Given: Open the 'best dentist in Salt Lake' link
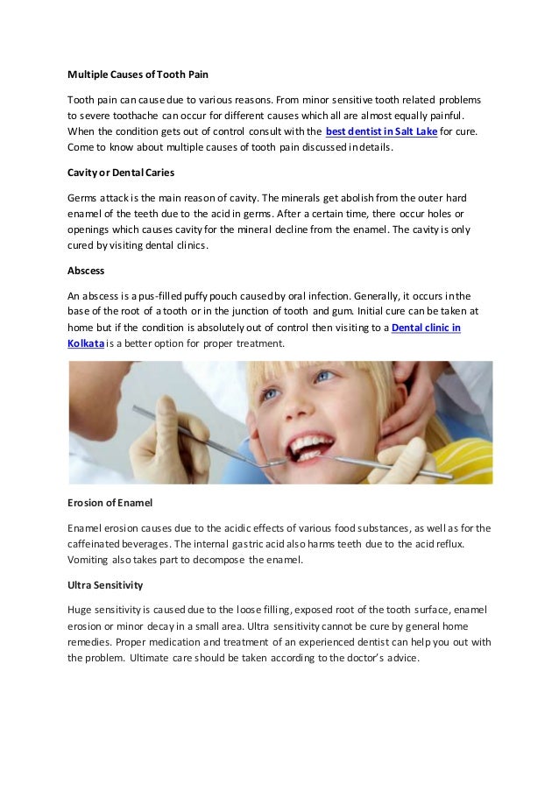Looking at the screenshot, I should click(381, 131).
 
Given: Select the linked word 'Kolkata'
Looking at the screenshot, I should click(85, 343).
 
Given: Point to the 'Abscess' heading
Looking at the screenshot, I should click(87, 271).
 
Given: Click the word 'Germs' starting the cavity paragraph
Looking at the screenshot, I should click(83, 198).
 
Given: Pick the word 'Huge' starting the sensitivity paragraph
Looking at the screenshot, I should click(80, 609).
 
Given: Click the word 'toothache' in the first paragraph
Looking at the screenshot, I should click(149, 116).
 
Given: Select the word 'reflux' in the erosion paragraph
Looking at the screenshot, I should click(446, 544).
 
